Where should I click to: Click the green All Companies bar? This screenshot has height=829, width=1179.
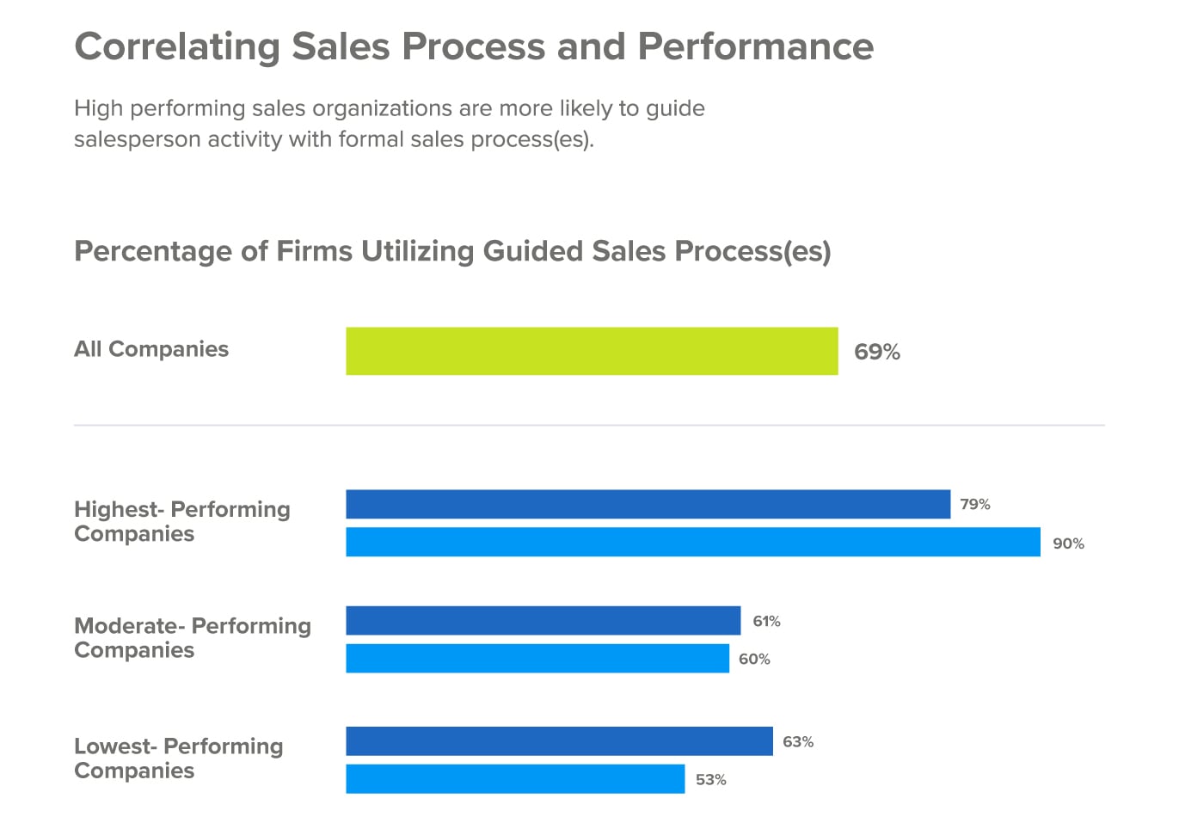pos(592,351)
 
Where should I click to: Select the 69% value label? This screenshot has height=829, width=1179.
pos(877,352)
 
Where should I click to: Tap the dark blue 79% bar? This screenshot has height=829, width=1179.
pos(648,504)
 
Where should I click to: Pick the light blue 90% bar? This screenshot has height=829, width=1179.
pos(692,542)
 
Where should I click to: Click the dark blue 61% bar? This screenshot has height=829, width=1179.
pos(543,620)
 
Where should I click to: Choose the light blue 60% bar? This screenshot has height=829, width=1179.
pos(537,658)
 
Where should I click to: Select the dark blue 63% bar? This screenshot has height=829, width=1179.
pos(559,740)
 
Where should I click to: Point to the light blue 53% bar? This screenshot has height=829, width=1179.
pos(515,778)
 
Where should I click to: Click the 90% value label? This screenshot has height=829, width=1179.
pos(1068,543)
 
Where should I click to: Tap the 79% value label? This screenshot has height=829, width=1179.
pos(975,504)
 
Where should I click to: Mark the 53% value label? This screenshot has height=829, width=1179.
pos(711,779)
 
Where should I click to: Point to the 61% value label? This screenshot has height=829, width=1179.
pos(766,621)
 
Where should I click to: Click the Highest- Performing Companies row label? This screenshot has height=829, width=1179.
pos(182,521)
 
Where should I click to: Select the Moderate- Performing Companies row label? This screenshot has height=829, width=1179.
pos(193,637)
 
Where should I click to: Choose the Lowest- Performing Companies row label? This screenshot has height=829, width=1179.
pos(179,758)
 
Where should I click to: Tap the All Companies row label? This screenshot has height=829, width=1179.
pos(151,349)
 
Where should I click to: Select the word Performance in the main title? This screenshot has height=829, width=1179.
pos(755,47)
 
